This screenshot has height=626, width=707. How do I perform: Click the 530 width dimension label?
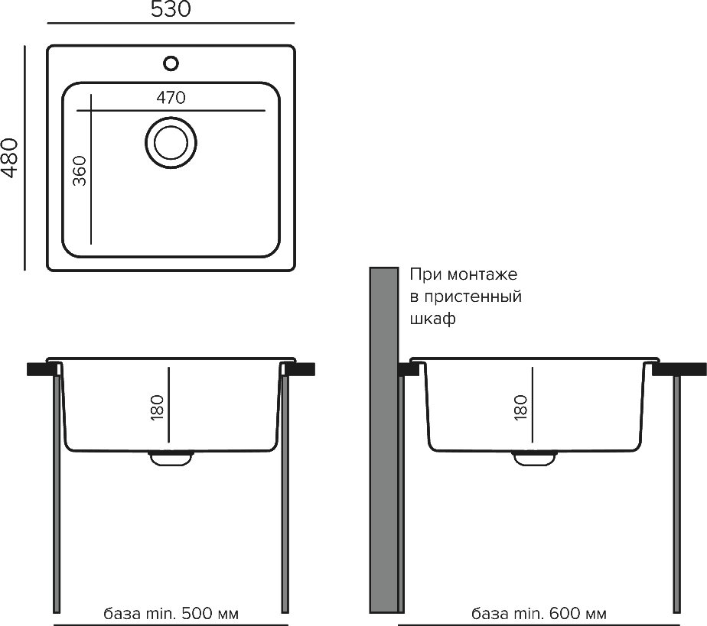point(171,9)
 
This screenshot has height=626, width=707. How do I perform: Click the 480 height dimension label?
point(9,157)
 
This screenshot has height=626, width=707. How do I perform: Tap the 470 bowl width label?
point(171,97)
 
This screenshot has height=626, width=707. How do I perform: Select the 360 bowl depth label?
point(80,170)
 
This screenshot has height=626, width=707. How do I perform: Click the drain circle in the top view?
point(171,142)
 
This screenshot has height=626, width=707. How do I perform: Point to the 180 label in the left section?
point(157,407)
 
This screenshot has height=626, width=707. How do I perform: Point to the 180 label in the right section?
point(520,407)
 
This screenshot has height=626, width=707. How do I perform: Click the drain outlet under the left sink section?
point(171,458)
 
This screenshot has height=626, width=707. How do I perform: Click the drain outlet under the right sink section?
point(534,458)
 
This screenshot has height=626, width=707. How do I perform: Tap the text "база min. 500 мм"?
point(171,614)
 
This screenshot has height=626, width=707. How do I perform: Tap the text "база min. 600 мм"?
point(539,614)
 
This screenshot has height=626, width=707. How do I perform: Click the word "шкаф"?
point(432,319)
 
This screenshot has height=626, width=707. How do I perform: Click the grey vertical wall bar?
point(384,440)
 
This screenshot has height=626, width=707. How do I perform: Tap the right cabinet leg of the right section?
point(676,494)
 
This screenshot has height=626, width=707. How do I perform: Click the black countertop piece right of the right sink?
point(679,369)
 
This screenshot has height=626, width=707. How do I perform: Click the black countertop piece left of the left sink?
point(43,369)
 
